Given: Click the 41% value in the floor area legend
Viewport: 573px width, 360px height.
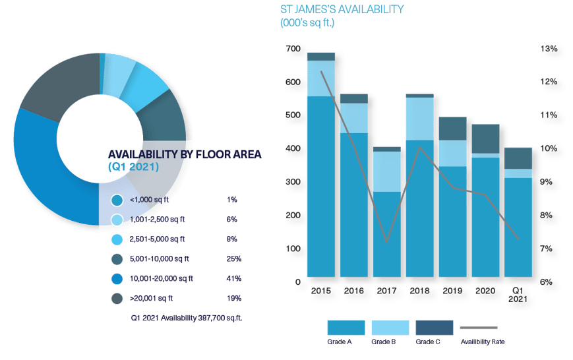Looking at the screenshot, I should [233, 278].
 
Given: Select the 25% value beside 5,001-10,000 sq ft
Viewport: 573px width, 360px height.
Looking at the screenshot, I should [233, 258].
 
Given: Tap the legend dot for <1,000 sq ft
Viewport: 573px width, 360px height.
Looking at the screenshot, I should [117, 199].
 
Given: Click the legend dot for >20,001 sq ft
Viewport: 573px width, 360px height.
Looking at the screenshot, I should [117, 298].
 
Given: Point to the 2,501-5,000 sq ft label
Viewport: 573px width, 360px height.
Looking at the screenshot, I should [158, 239].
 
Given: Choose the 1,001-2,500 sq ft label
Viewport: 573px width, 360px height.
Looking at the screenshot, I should [158, 219].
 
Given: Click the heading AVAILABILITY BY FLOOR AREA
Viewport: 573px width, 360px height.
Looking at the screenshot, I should [184, 154].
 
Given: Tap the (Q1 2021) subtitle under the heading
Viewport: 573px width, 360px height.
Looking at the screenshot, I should [133, 167].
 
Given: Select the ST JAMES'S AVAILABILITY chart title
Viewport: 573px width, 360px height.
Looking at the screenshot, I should [342, 9].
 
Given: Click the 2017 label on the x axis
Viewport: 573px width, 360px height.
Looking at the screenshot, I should [386, 290].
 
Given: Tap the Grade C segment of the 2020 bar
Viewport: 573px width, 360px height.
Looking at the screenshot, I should [485, 138].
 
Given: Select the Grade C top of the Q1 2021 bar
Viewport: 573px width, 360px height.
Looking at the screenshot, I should [518, 158].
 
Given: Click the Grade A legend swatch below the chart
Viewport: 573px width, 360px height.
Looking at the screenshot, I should [346, 327].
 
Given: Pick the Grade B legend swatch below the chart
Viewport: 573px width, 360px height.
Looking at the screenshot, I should [389, 327].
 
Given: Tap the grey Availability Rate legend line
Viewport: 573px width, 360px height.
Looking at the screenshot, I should [478, 328].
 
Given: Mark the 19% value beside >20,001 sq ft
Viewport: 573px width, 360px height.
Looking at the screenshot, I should [233, 298].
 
